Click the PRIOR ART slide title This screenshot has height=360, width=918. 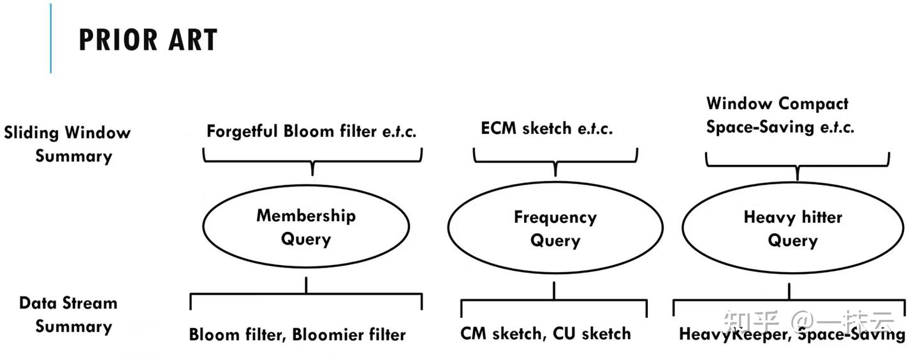(148, 40)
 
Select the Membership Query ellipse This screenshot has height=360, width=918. (306, 226)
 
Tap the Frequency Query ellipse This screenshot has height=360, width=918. (555, 228)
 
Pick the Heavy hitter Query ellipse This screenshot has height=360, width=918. (792, 228)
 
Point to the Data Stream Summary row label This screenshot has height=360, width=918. (68, 315)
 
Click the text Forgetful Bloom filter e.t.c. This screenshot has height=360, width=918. (311, 132)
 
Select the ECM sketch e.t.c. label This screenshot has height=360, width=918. (546, 129)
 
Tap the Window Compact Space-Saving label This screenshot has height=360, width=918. (779, 115)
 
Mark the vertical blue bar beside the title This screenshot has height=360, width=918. (51, 38)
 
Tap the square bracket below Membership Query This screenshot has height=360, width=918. (306, 294)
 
